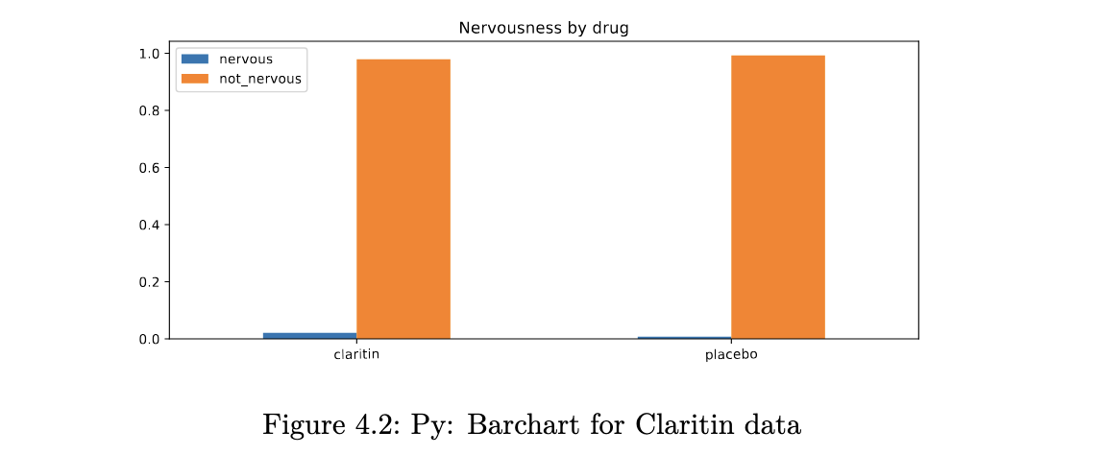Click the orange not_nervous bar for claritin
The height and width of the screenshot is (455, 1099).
click(x=403, y=199)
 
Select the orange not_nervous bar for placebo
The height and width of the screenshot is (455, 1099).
click(x=777, y=197)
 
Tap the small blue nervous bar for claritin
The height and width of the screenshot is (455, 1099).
click(x=309, y=335)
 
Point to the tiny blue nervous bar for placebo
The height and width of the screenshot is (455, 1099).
click(x=684, y=337)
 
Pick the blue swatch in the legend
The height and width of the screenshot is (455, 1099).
click(x=194, y=60)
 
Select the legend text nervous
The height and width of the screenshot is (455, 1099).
click(x=246, y=60)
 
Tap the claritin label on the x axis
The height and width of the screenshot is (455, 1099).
click(x=356, y=355)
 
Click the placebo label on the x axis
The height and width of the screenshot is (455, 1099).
click(x=731, y=355)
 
